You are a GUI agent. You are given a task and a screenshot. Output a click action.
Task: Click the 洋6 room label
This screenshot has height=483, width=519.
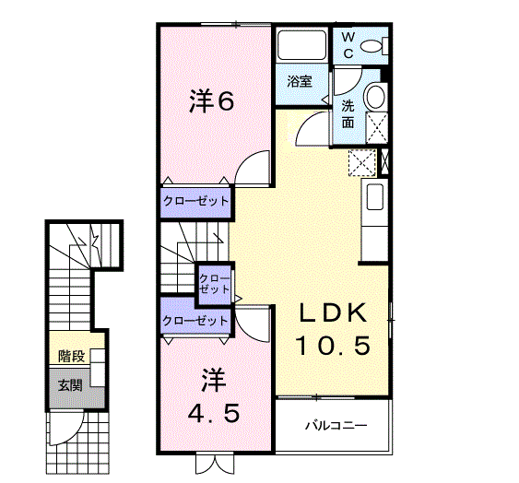point(212,101)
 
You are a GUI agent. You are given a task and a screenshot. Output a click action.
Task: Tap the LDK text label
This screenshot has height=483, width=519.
point(334,312)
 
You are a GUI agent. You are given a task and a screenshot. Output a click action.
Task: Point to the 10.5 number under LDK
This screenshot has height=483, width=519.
point(333,346)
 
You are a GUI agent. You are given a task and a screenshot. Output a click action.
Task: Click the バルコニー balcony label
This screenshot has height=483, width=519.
point(336,425)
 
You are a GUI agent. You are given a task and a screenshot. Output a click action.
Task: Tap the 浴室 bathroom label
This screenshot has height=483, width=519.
point(300,81)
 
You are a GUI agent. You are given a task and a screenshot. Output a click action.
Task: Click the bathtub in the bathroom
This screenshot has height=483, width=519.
point(301,45)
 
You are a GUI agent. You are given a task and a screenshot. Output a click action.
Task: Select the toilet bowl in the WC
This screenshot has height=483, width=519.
point(371,46)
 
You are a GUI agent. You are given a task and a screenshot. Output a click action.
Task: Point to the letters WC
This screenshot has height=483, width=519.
point(348,45)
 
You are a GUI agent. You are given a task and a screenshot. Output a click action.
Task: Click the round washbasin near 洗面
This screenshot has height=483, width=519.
point(376,96)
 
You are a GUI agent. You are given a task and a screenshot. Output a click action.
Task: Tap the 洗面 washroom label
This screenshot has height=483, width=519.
point(348,114)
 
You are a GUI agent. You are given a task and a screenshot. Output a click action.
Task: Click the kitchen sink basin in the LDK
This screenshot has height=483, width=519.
point(374,196)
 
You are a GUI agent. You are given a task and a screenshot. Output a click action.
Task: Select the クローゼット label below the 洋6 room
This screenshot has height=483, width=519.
point(196,201)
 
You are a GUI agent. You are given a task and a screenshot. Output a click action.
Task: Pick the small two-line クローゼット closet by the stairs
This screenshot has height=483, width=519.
point(214,284)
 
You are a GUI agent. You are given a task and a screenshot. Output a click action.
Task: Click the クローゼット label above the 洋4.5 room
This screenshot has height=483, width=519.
point(195,321)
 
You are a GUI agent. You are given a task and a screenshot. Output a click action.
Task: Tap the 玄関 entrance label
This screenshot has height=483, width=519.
point(70,385)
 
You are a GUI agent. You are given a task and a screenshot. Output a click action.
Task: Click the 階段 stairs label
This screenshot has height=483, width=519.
point(72,356)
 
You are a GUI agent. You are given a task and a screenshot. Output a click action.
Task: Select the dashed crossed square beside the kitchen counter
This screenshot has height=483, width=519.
point(362,162)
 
